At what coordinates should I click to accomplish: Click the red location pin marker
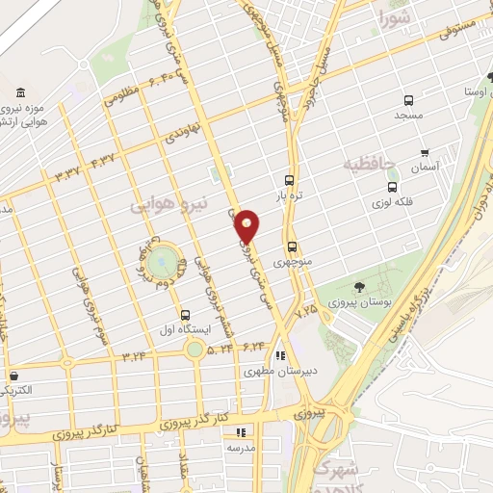pos(247,225)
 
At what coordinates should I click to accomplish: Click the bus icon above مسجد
pos(408,99)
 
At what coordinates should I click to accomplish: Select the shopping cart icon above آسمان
pos(425,152)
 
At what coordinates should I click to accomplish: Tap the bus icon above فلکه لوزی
pos(391,187)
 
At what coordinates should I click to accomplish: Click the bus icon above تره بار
pos(289,180)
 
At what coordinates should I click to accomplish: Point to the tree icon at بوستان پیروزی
pos(358,287)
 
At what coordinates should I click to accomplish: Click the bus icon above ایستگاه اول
pos(185,314)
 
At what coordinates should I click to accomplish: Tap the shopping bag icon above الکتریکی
pos(13,376)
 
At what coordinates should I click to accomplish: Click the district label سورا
pos(395,17)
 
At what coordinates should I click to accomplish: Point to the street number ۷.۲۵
pos(305,311)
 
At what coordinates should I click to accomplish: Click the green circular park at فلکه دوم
pos(165,258)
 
